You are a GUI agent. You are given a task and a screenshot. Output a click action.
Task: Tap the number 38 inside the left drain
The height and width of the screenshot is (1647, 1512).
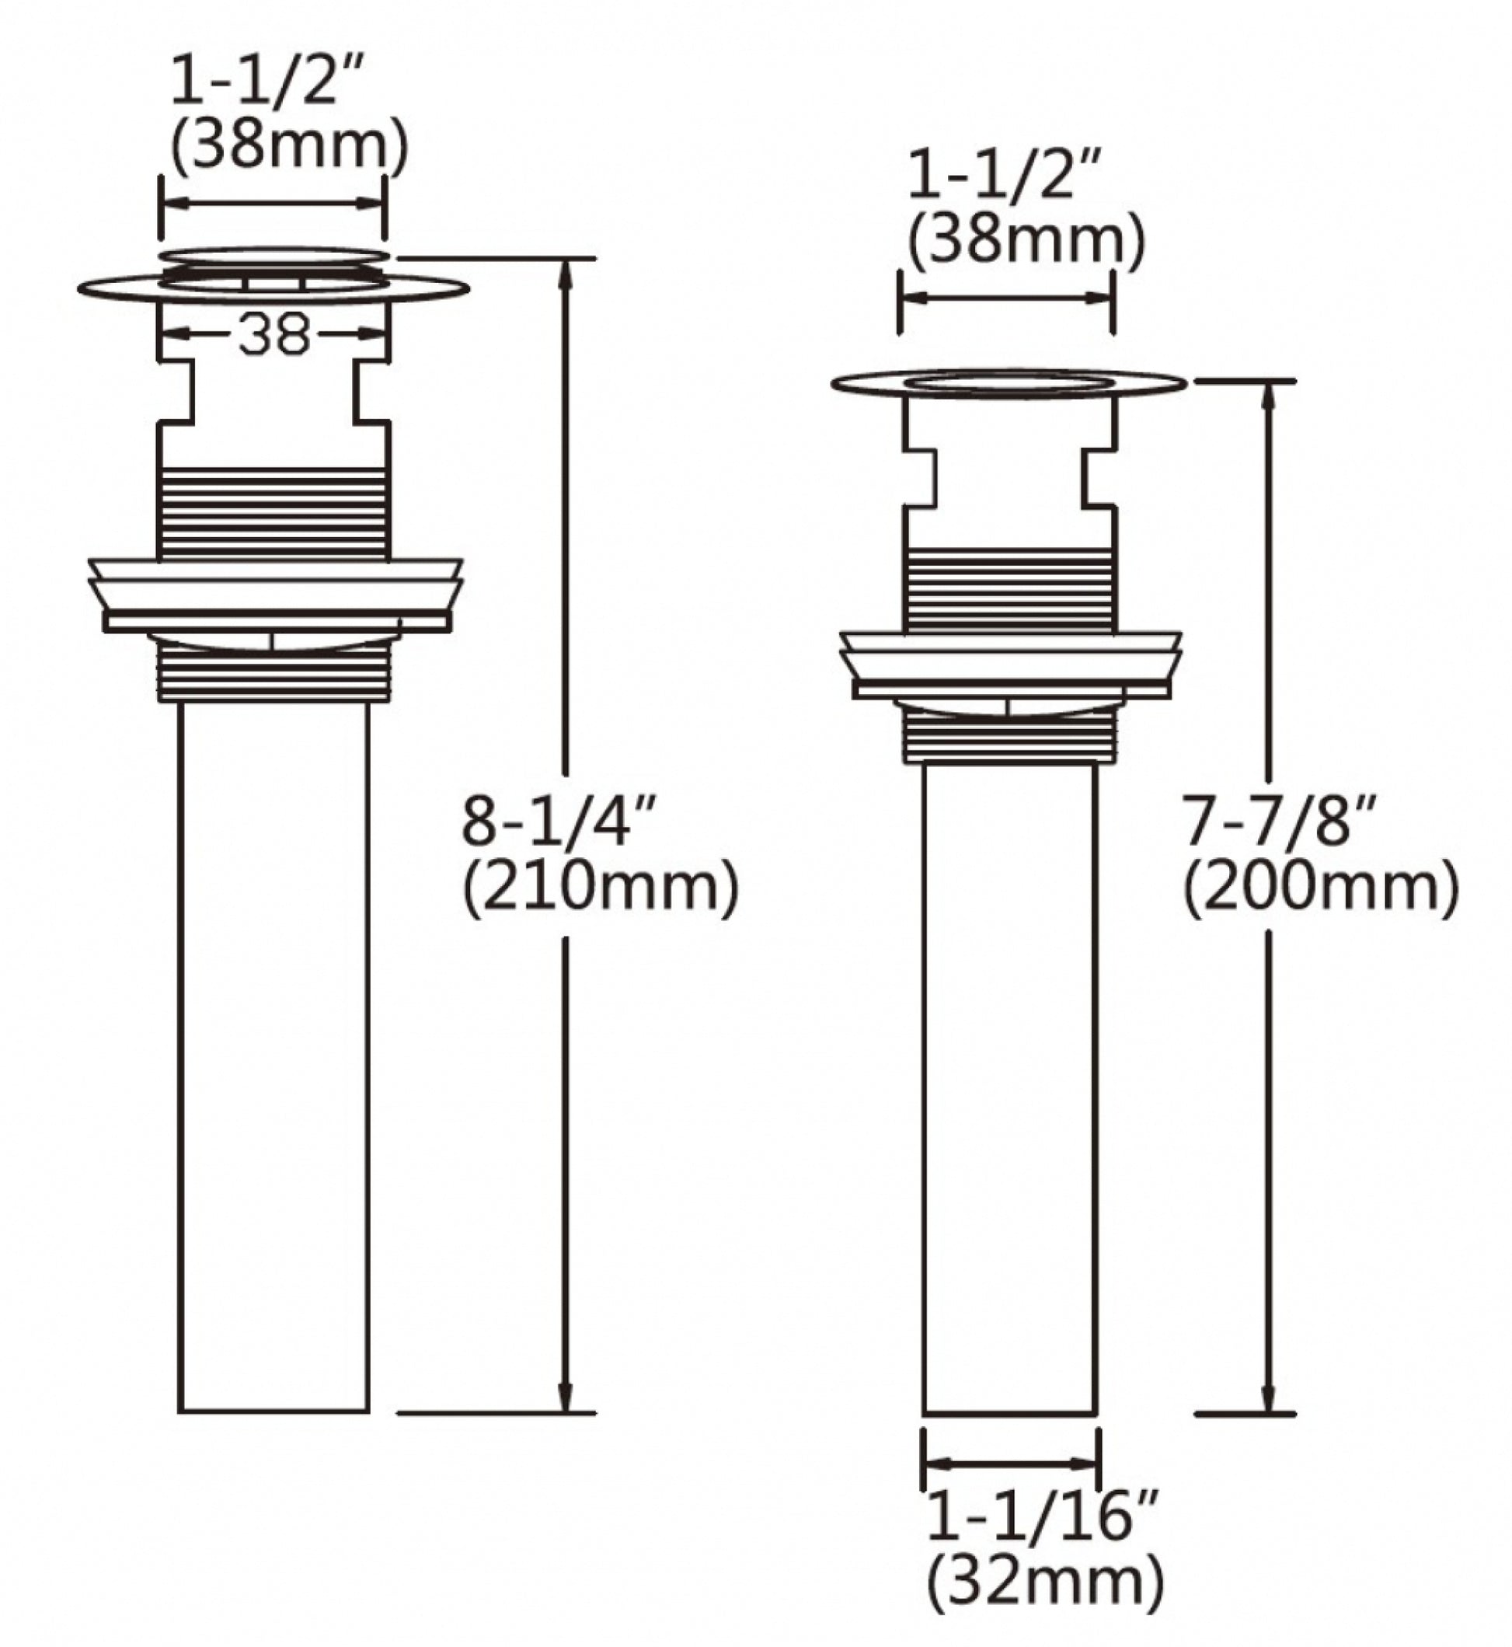click(275, 335)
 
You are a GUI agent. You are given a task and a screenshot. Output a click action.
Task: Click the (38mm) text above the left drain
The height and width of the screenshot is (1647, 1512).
click(288, 145)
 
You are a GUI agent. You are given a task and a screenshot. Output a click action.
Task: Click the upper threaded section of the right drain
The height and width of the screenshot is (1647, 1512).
click(1009, 589)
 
